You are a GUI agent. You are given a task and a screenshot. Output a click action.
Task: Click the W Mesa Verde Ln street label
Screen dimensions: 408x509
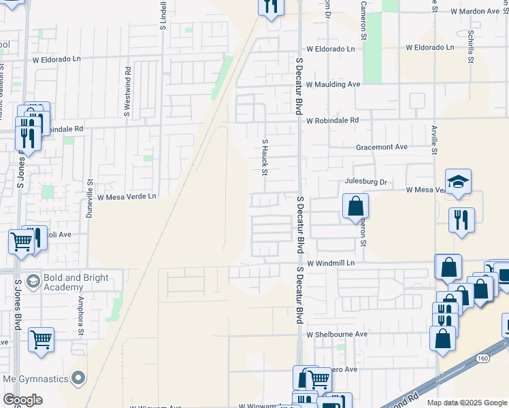127,197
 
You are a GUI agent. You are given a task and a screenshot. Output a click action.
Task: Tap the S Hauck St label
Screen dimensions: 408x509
265,156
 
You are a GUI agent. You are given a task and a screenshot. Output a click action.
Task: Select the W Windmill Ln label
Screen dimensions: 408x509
331,262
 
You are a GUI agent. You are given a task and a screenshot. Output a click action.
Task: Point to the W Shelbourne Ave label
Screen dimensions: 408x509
336,335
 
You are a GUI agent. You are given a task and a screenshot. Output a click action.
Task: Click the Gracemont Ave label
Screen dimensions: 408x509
381,147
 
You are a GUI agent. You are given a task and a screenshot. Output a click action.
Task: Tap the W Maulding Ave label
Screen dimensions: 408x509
333,84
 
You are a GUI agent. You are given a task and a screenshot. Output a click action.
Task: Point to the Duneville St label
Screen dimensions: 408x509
89,198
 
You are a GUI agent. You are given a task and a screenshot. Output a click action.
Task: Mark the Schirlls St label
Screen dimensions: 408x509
470,46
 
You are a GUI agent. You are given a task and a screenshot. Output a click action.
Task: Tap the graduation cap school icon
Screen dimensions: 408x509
458,182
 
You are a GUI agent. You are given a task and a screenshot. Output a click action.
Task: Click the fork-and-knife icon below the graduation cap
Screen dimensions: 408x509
461,220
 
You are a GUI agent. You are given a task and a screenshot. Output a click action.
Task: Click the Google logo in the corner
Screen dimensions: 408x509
22,400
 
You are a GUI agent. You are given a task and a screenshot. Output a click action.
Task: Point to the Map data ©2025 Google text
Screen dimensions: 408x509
467,403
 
